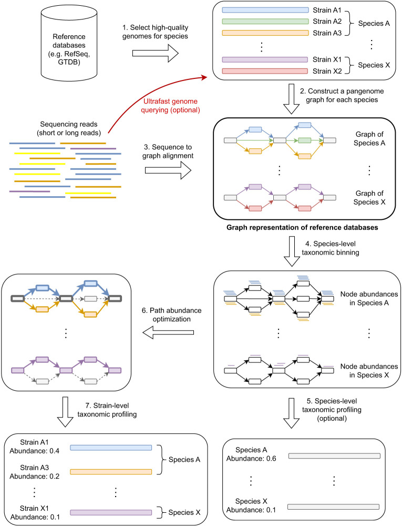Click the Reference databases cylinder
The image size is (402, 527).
pyautogui.click(x=69, y=44)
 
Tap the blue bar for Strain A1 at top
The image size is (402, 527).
pyautogui.click(x=265, y=10)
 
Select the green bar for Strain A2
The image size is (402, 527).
pyautogui.click(x=265, y=22)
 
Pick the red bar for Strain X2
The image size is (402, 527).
pyautogui.click(x=265, y=71)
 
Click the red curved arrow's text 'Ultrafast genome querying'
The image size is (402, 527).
pyautogui.click(x=171, y=106)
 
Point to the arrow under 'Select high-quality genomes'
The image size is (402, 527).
pyautogui.click(x=156, y=54)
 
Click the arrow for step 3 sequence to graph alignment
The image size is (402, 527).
pyautogui.click(x=168, y=170)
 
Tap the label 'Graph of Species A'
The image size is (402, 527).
pyautogui.click(x=369, y=138)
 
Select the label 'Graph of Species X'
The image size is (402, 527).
pyautogui.click(x=369, y=198)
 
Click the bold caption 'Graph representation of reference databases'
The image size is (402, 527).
pyautogui.click(x=302, y=228)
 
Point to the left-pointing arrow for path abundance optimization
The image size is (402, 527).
pyautogui.click(x=168, y=332)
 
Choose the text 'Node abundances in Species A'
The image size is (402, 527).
pyautogui.click(x=369, y=298)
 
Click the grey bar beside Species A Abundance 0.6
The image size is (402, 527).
pyautogui.click(x=335, y=456)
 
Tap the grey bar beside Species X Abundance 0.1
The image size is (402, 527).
pyautogui.click(x=334, y=507)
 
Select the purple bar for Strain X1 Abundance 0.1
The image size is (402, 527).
pyautogui.click(x=111, y=513)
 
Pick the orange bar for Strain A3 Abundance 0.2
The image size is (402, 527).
pyautogui.click(x=111, y=472)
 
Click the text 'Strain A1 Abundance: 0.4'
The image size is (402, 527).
pyautogui.click(x=34, y=447)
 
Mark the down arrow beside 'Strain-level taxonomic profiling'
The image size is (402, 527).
pyautogui.click(x=65, y=412)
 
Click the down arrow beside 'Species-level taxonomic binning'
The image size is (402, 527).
pyautogui.click(x=292, y=251)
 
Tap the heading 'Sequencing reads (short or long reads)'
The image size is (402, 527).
pyautogui.click(x=69, y=129)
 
